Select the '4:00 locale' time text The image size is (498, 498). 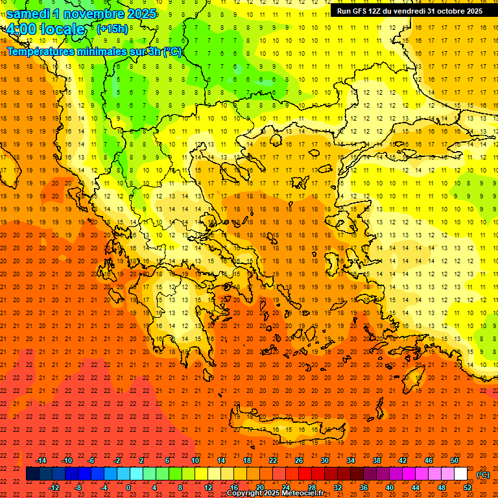(x=46, y=29)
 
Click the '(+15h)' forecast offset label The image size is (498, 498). (x=112, y=29)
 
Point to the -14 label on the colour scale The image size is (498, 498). (x=41, y=460)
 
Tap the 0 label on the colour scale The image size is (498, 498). (x=128, y=487)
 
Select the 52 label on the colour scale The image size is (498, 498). (x=467, y=487)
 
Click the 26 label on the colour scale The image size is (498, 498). (x=299, y=460)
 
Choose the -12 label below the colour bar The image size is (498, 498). (x=54, y=487)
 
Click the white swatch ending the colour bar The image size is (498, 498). (x=460, y=474)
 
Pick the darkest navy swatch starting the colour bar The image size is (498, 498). (x=33, y=474)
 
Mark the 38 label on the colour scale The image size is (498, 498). (x=377, y=460)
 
